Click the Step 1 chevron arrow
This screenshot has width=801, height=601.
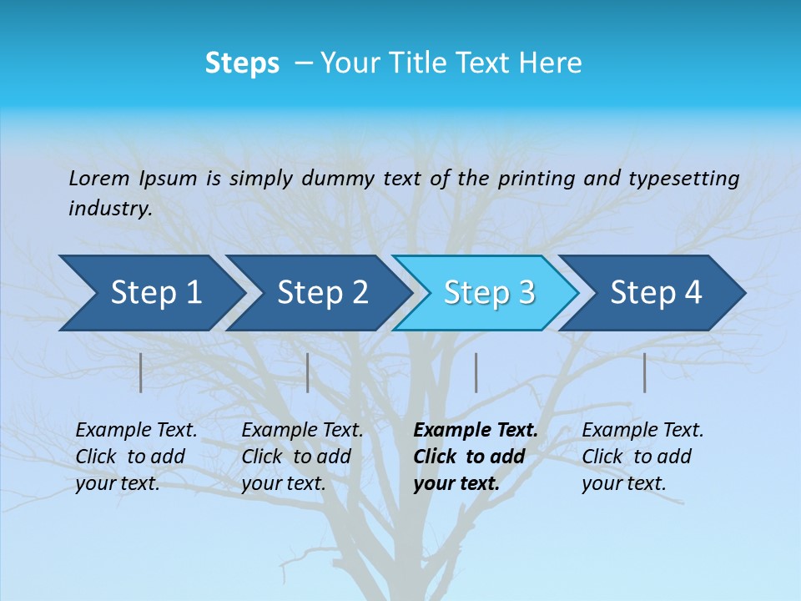(x=150, y=293)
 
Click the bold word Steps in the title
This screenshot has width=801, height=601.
(x=242, y=63)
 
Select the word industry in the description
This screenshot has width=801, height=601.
(x=110, y=209)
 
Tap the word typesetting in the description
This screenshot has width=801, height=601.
(x=683, y=179)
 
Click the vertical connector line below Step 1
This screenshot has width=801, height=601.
(x=141, y=372)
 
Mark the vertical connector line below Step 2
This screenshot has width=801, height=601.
(x=308, y=372)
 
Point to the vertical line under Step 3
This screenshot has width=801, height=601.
(x=476, y=372)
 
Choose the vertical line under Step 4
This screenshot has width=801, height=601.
(x=644, y=372)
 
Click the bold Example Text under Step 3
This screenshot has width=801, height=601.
(x=476, y=431)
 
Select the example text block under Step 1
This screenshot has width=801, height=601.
(x=136, y=457)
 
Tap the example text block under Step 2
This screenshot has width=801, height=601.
(x=302, y=457)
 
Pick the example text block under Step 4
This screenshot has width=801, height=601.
(x=642, y=457)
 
